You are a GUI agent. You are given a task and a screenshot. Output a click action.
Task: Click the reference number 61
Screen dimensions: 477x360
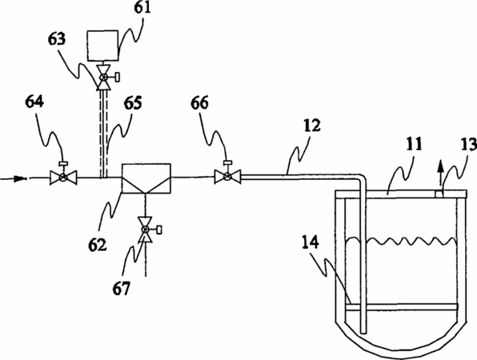142,7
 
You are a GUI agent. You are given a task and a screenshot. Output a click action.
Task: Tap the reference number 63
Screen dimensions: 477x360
57,39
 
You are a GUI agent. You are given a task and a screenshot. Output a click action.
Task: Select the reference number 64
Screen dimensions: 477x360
34,102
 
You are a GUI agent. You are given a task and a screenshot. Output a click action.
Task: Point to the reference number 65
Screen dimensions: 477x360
133,103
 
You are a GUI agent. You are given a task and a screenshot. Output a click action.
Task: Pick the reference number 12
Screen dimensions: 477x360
312,126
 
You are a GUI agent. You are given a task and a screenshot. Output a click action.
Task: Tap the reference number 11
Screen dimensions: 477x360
414,144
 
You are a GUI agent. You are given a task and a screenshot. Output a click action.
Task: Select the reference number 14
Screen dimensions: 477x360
311,242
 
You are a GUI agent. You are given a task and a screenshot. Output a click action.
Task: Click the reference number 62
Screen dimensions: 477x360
98,245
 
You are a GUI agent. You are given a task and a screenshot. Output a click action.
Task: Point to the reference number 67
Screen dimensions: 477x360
121,288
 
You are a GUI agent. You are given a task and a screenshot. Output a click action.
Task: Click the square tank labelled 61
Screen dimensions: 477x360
102,46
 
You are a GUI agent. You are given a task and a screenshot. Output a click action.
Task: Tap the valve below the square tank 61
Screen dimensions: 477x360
104,78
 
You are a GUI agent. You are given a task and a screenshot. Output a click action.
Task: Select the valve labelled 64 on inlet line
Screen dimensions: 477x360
63,176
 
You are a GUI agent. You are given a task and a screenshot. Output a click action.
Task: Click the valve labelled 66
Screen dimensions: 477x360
227,176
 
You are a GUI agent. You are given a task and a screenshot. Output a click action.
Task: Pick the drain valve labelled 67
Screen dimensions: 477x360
146,230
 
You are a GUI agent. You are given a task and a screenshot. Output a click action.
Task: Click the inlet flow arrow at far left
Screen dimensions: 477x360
18,178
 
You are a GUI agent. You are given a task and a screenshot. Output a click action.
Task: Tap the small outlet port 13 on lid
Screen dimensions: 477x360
439,194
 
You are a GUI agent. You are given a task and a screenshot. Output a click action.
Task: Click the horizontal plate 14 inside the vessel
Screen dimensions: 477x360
402,307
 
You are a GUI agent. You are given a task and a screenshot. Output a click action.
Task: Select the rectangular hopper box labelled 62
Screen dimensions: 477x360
146,178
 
